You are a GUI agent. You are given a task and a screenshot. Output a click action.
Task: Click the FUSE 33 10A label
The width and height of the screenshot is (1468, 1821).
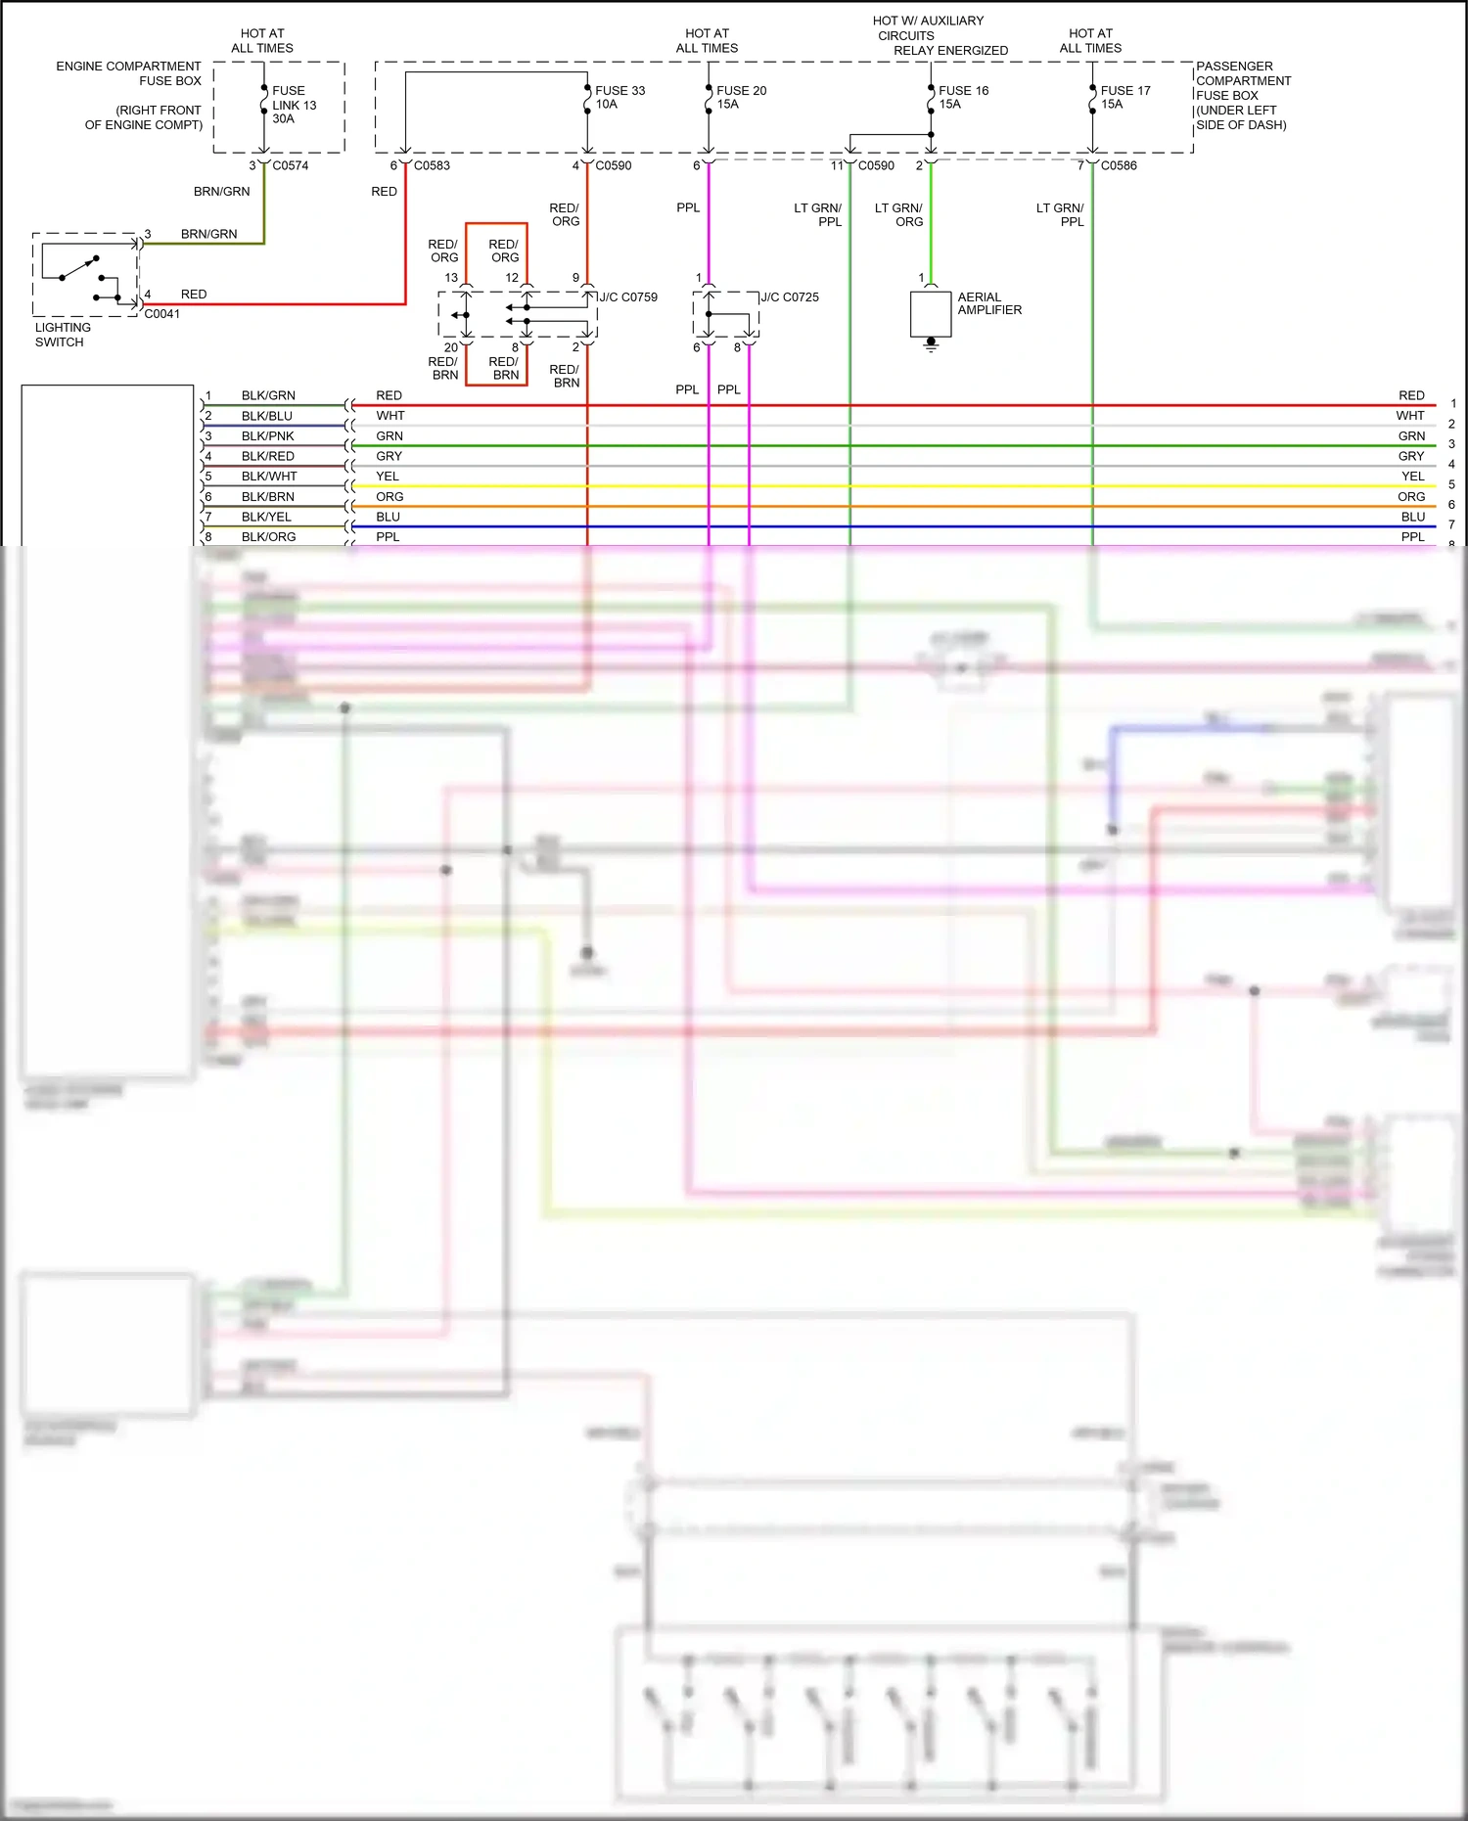pos(619,97)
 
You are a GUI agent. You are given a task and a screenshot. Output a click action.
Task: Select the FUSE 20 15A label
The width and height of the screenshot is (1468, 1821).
pos(741,97)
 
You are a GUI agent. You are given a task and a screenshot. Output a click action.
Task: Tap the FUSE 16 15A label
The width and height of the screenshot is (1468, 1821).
pos(963,97)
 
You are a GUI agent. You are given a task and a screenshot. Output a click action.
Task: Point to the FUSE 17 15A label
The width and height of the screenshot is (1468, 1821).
pos(1125,97)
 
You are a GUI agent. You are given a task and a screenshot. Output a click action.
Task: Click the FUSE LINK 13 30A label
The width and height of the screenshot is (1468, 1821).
pos(294,105)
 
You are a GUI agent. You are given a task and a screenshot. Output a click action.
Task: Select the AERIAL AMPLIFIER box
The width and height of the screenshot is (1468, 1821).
pos(931,313)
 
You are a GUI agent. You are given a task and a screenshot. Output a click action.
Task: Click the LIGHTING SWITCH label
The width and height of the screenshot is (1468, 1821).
pos(63,335)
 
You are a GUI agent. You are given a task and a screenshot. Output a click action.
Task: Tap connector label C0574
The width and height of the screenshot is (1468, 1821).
pos(291,165)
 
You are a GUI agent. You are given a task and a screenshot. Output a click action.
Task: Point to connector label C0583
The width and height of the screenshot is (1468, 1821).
pos(432,165)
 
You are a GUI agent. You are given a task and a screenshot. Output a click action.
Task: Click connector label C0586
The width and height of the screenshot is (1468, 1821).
pos(1119,165)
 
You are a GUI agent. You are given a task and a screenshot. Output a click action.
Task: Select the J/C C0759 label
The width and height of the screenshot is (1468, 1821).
pos(628,297)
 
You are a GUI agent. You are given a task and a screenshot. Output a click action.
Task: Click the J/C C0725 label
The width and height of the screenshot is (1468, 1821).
pos(790,297)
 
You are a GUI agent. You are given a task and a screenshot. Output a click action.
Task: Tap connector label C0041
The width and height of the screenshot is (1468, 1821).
pos(162,314)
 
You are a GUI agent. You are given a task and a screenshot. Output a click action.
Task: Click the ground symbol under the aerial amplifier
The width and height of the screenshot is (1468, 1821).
pos(931,344)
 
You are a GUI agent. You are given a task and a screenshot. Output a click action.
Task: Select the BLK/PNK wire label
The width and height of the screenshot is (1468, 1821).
pos(267,436)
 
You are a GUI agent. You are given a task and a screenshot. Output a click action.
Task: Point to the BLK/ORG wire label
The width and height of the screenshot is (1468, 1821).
pos(268,537)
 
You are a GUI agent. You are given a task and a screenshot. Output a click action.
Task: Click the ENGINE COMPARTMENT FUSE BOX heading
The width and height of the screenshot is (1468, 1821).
pos(128,73)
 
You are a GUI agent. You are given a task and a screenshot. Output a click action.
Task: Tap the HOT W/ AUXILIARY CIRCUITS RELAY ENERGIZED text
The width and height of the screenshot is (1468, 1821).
pos(940,35)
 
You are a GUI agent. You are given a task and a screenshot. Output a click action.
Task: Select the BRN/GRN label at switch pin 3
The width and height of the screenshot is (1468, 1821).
pos(208,234)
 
